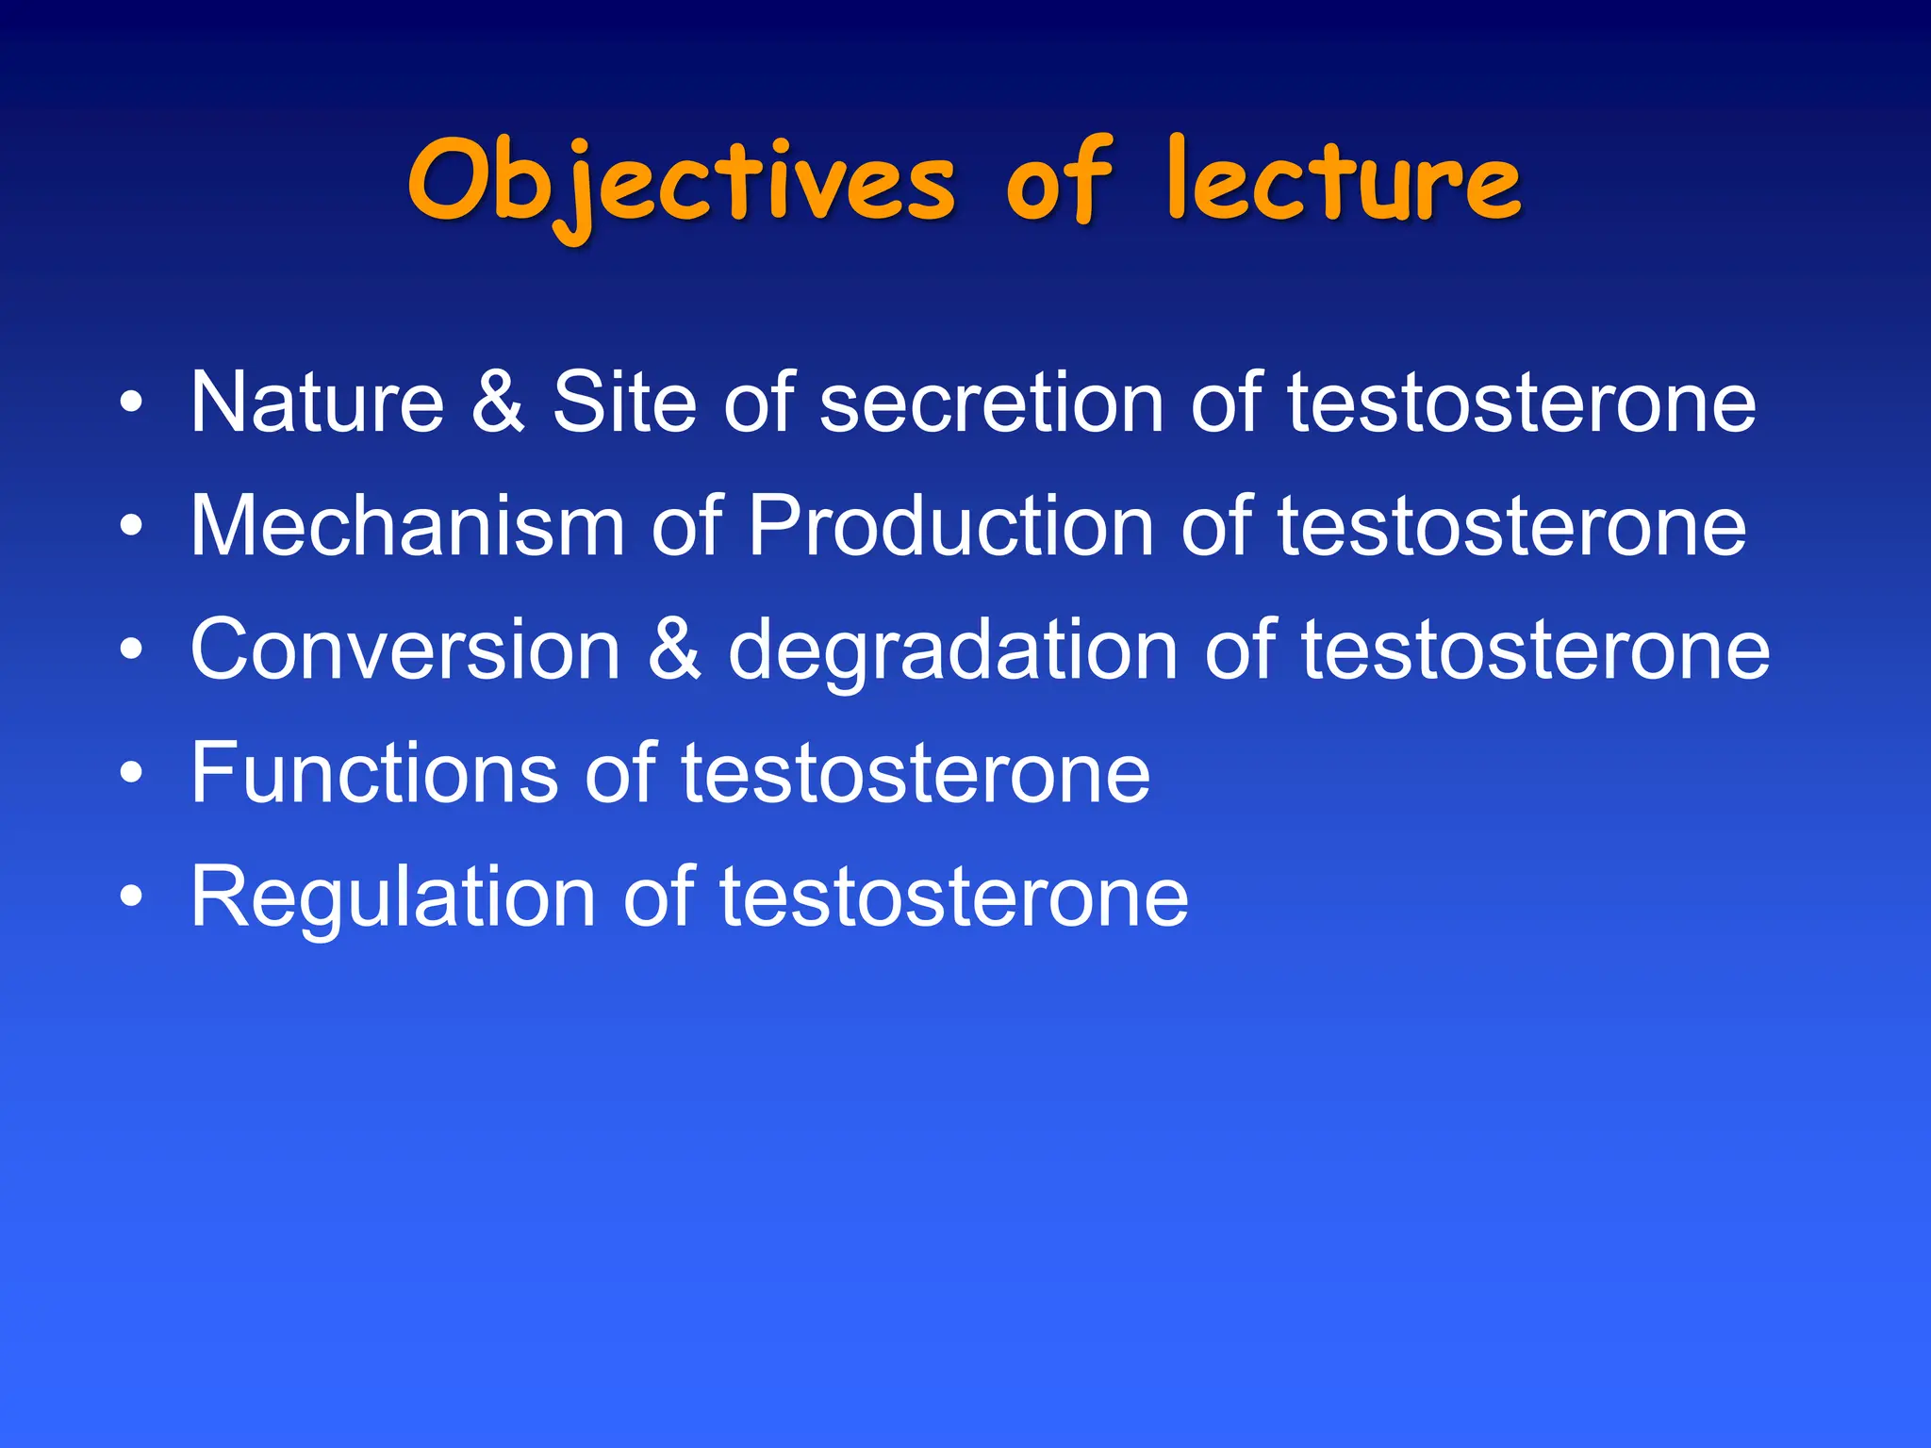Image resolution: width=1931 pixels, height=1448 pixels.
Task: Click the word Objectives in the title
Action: click(x=681, y=184)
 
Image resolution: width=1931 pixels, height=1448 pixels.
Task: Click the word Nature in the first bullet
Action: click(x=317, y=403)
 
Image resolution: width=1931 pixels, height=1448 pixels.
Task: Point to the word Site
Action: click(x=623, y=403)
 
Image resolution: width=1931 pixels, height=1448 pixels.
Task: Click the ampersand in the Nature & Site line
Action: click(x=497, y=403)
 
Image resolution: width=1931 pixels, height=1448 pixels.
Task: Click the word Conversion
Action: click(x=405, y=650)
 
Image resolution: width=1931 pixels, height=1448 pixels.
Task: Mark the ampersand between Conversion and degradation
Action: click(x=674, y=650)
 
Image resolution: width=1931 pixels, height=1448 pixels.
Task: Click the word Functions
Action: click(x=374, y=773)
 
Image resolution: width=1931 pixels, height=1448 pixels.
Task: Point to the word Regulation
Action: click(x=393, y=897)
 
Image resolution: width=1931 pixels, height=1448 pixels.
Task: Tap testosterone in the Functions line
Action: click(x=915, y=773)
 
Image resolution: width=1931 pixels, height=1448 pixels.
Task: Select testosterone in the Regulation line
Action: click(x=953, y=897)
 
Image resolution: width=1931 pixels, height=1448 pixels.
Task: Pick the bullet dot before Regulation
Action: click(x=132, y=897)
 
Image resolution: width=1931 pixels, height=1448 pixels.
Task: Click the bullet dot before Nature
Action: click(x=132, y=403)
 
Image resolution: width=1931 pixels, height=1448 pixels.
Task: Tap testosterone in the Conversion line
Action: click(x=1535, y=650)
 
